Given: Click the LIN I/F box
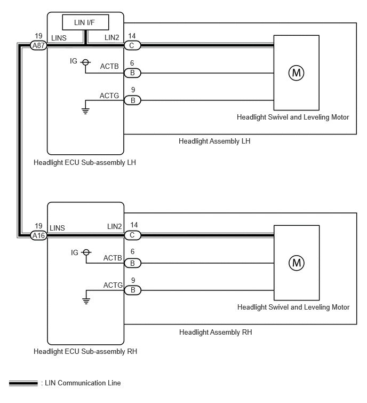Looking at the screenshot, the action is coord(85,22).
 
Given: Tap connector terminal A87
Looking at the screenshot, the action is coord(38,45).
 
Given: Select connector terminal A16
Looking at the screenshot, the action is coord(38,235).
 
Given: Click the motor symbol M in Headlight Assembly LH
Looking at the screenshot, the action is coord(297,73).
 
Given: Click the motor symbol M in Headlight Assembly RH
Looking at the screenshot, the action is coord(297,263).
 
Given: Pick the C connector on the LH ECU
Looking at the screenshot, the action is coord(132,45).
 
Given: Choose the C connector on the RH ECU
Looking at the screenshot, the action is coord(132,235).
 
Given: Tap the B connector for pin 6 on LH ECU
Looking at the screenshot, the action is coord(132,73).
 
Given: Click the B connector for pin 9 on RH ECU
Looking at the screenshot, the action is coord(133,290).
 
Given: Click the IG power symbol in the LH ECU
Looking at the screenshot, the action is coord(85,62).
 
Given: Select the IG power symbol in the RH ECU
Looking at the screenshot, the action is coord(86,252).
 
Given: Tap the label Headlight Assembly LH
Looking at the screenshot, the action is coord(214,141).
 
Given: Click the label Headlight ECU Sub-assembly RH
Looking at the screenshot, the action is coord(85,351).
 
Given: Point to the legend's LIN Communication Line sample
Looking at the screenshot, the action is coord(23,383).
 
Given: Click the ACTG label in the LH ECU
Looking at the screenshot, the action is coord(109,96).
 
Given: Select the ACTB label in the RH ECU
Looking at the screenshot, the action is coord(113,258).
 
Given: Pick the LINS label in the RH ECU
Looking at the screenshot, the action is coord(57,228).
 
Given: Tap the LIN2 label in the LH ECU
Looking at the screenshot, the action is coord(111,37).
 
